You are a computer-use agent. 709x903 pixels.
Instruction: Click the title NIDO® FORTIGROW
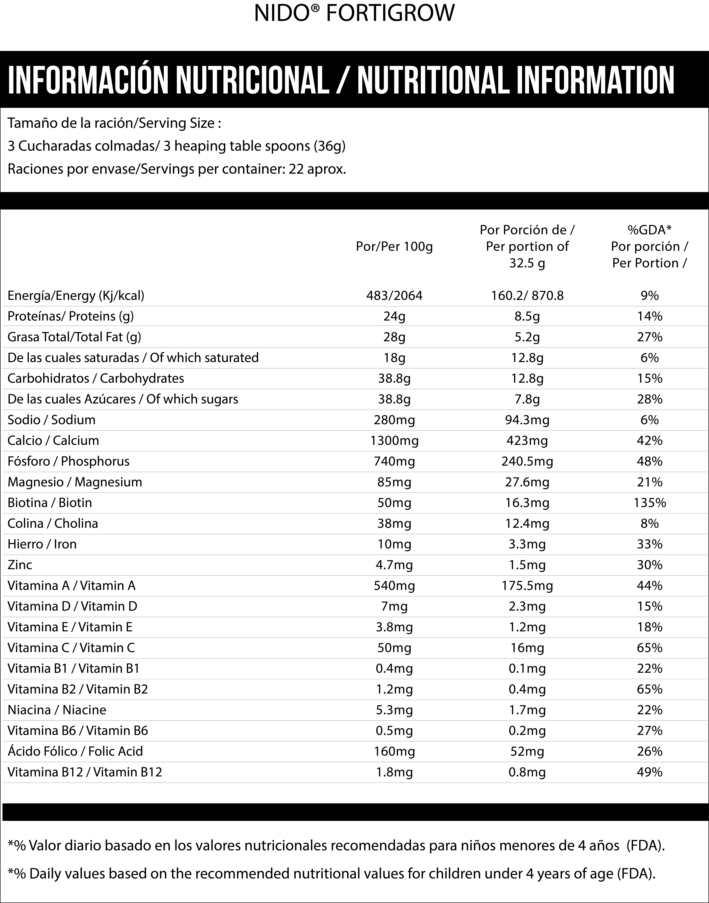354,13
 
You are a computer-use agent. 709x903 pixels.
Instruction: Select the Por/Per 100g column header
394,247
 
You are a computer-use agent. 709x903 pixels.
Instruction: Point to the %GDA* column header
650,229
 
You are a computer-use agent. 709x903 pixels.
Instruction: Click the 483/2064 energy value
394,296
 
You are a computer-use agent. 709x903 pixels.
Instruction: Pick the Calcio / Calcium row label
53,440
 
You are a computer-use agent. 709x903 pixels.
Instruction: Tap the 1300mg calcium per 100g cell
394,440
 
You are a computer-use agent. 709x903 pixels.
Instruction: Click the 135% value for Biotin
650,503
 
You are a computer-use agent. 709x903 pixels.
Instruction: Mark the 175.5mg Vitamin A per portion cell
527,586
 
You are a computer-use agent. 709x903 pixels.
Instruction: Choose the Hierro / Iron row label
42,544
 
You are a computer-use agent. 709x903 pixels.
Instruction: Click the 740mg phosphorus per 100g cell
394,461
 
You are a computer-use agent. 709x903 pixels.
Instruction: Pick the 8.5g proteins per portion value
527,317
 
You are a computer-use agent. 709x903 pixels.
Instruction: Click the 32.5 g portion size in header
527,263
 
